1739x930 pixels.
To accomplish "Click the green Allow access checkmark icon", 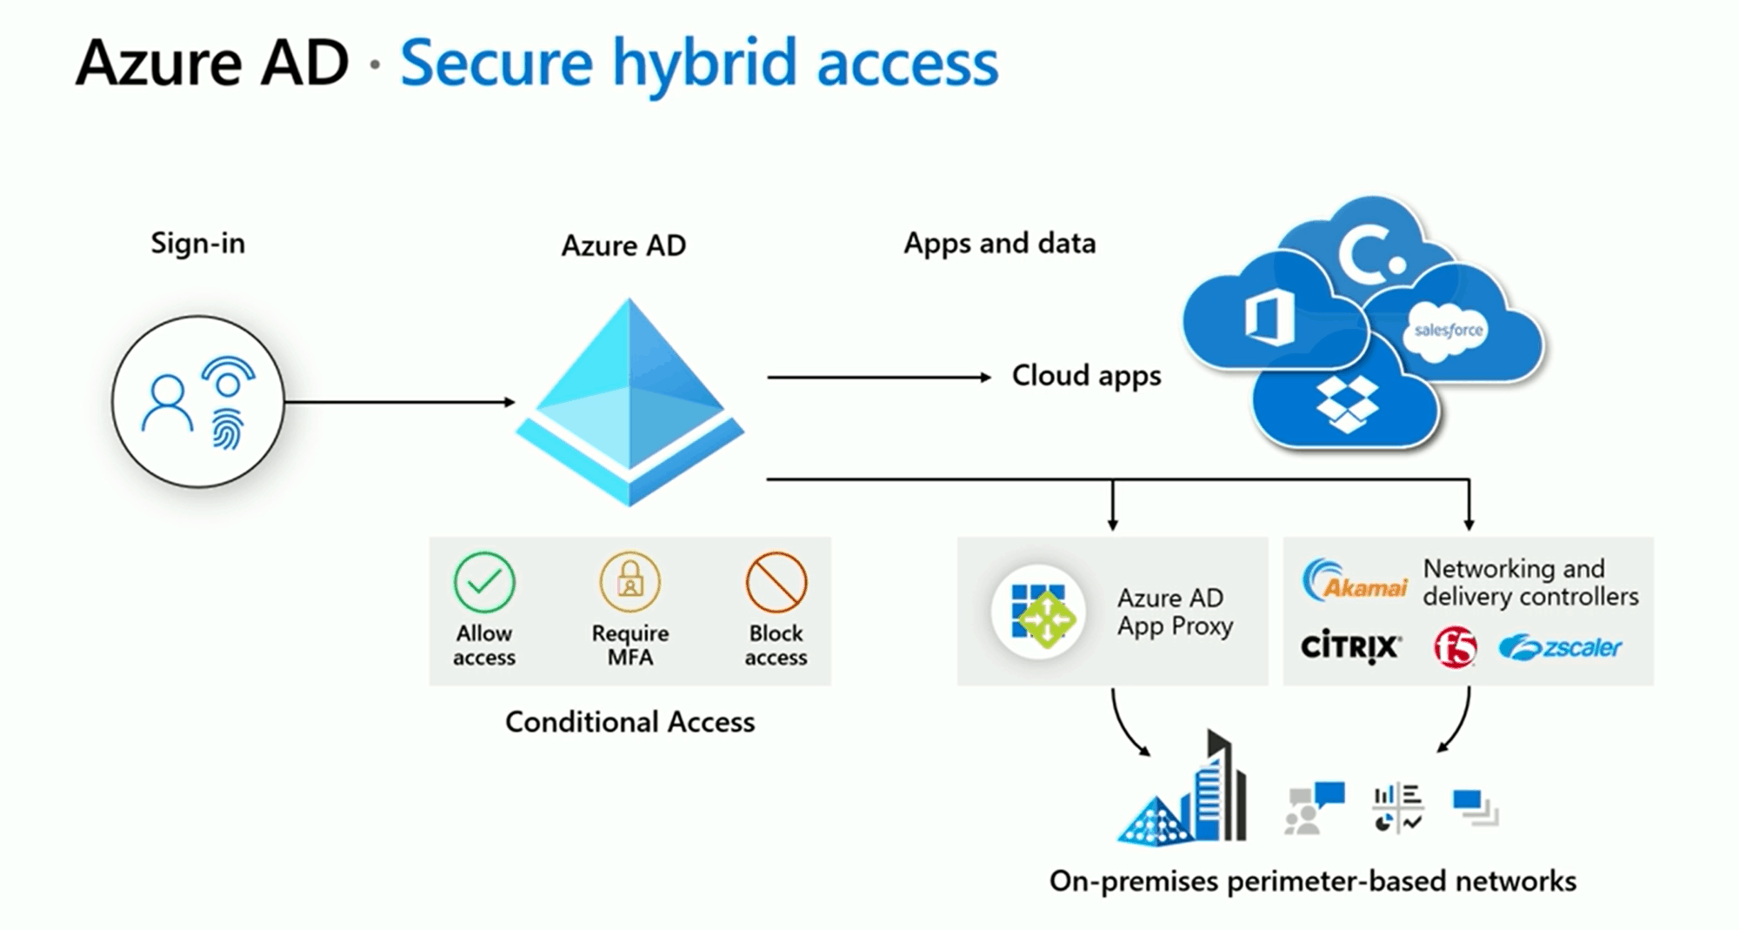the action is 484,582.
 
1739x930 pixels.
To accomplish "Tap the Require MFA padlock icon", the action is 630,582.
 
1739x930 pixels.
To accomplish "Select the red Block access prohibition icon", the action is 776,582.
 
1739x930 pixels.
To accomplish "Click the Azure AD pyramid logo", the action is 630,402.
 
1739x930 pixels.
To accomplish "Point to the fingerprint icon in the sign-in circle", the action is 227,429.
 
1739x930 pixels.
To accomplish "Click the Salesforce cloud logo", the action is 1448,331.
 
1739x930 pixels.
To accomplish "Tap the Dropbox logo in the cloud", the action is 1347,404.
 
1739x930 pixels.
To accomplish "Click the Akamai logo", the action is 1355,580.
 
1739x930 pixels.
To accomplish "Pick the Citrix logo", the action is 1350,646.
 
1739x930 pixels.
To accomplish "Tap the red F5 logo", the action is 1456,647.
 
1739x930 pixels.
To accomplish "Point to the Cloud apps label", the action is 1086,377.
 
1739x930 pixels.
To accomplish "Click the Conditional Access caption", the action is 630,722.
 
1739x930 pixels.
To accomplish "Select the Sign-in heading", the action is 198,243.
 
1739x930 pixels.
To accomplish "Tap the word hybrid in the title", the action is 704,64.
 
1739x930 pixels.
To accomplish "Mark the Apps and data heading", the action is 1000,244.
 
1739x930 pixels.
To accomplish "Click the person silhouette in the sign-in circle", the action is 167,403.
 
